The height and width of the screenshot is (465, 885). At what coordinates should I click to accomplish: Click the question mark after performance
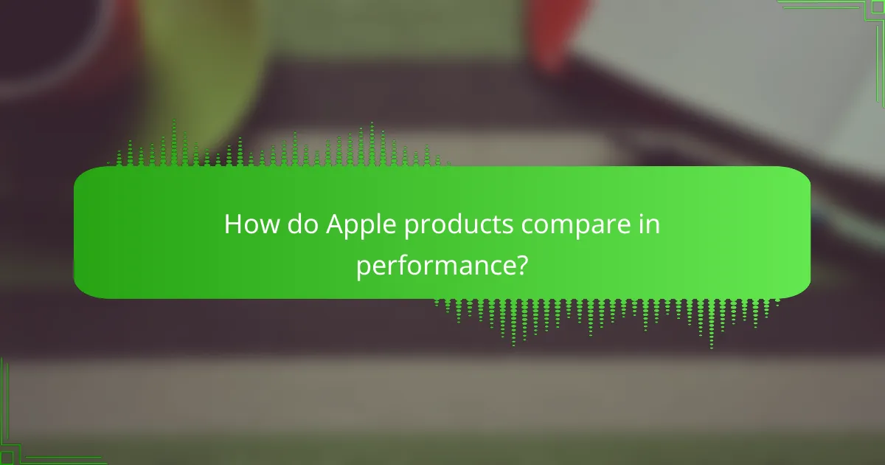tap(522, 263)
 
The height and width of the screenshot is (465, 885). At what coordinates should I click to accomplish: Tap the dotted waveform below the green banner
tap(605, 317)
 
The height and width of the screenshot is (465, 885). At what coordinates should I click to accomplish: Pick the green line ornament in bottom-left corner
tap(29, 435)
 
